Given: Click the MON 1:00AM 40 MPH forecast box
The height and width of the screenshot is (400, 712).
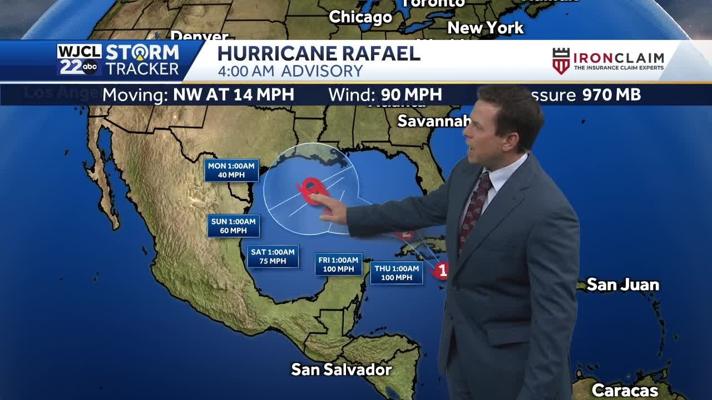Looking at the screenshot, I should [231, 171].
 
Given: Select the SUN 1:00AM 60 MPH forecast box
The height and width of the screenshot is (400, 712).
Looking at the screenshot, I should [234, 226].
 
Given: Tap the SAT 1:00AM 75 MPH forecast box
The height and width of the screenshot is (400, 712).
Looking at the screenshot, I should [273, 256].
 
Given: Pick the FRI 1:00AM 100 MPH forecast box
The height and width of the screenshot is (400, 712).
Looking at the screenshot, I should [338, 264].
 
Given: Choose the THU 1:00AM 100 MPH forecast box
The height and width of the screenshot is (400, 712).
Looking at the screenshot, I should [396, 273].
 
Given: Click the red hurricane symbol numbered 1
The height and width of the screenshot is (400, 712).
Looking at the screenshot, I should [442, 271].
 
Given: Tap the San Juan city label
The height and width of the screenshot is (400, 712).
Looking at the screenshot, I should [622, 285].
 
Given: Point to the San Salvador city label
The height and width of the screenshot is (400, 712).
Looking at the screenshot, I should [342, 369].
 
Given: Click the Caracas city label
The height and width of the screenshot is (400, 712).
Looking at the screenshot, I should [625, 391].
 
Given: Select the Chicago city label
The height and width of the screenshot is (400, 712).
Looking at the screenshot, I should [360, 17].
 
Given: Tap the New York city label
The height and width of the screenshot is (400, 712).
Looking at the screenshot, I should [485, 28].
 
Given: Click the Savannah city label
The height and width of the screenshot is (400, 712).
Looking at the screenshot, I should [431, 121].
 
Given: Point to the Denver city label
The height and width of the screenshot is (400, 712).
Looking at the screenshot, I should [199, 37].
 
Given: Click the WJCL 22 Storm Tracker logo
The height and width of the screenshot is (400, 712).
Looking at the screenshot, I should [118, 60].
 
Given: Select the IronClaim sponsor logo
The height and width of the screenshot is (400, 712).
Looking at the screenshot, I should [608, 61].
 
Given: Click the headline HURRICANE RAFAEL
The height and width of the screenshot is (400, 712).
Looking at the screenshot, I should [318, 54].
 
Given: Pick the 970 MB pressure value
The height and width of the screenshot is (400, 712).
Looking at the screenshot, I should [611, 95].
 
